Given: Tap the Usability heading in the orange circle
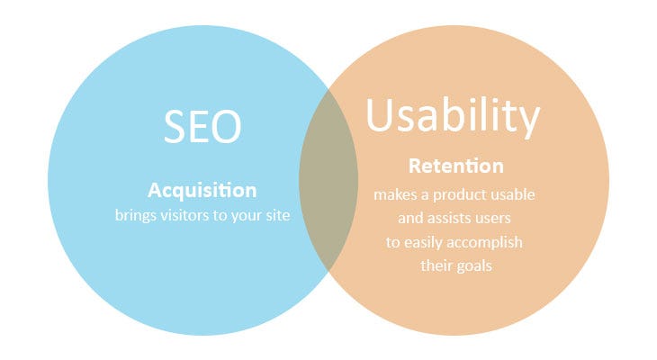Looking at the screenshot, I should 453,118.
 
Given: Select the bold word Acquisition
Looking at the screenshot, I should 202,191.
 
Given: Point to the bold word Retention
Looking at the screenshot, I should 455,166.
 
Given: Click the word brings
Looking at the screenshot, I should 135,217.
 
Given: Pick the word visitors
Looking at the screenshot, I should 185,217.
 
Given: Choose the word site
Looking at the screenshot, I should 278,217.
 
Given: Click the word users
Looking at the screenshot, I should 502,218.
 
